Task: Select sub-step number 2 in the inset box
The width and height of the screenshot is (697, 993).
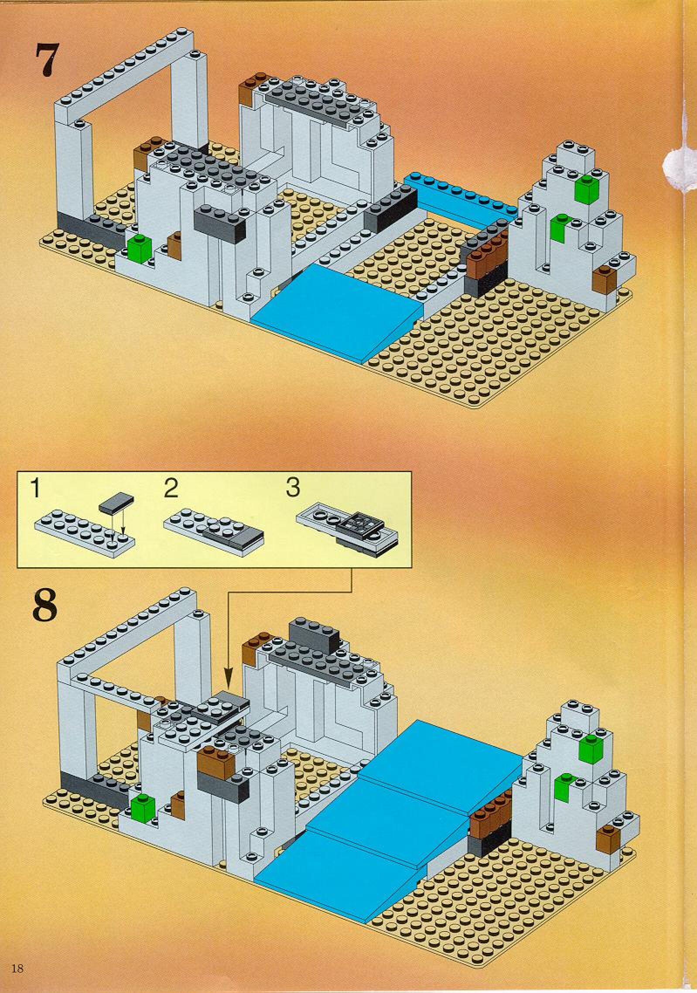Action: tap(171, 489)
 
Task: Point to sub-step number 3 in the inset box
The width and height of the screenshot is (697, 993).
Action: tap(293, 488)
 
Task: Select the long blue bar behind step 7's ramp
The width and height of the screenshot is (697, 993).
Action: tap(462, 197)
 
